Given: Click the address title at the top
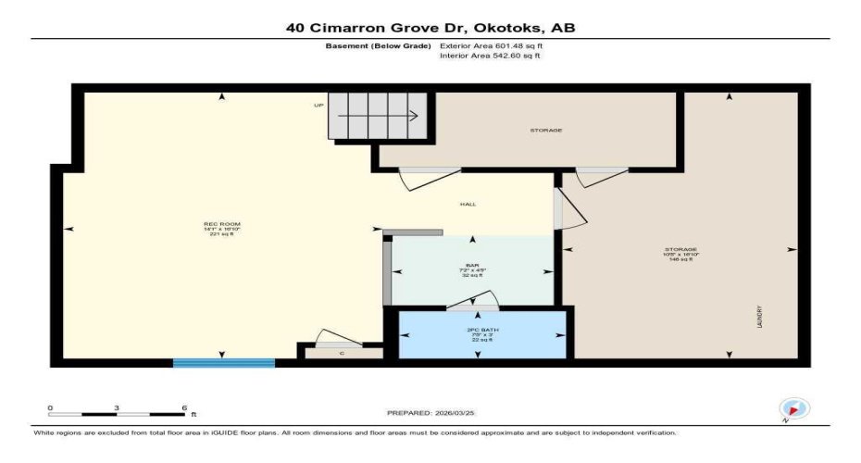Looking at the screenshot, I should (430, 28).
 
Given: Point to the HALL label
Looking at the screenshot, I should (468, 204).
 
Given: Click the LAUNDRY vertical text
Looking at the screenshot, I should (759, 316).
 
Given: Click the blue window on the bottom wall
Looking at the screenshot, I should (224, 363).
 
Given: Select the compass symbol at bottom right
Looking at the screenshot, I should (794, 408).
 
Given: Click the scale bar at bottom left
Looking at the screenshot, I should (117, 414).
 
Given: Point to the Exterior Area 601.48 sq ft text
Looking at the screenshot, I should (491, 44).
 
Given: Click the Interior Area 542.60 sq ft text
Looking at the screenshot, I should (490, 56).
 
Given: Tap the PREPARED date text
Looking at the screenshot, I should (430, 412).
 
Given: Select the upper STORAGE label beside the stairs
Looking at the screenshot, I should (545, 131).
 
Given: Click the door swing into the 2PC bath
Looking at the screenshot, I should (474, 301).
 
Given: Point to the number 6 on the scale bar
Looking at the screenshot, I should (184, 407).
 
